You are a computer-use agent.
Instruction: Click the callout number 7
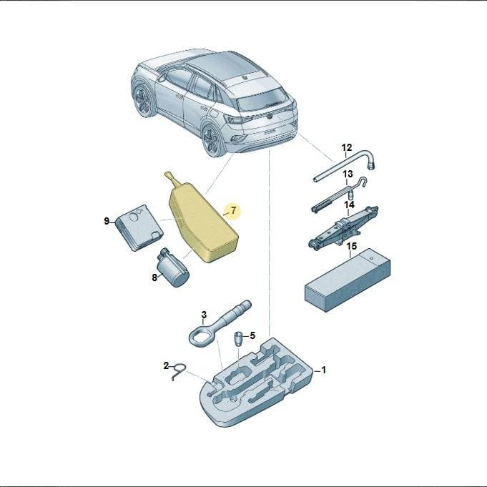pyautogui.click(x=234, y=210)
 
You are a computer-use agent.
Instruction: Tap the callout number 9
pyautogui.click(x=107, y=222)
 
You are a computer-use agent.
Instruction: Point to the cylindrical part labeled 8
pyautogui.click(x=173, y=267)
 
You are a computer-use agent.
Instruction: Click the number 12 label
pyautogui.click(x=347, y=147)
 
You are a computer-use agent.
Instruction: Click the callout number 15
pyautogui.click(x=352, y=247)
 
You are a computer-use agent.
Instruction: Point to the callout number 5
pyautogui.click(x=252, y=335)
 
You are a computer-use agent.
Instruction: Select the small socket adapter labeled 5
pyautogui.click(x=238, y=338)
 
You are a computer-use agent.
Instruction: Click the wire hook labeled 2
pyautogui.click(x=178, y=371)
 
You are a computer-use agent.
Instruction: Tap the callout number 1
pyautogui.click(x=324, y=370)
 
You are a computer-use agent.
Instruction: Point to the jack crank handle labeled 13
pyautogui.click(x=339, y=195)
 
